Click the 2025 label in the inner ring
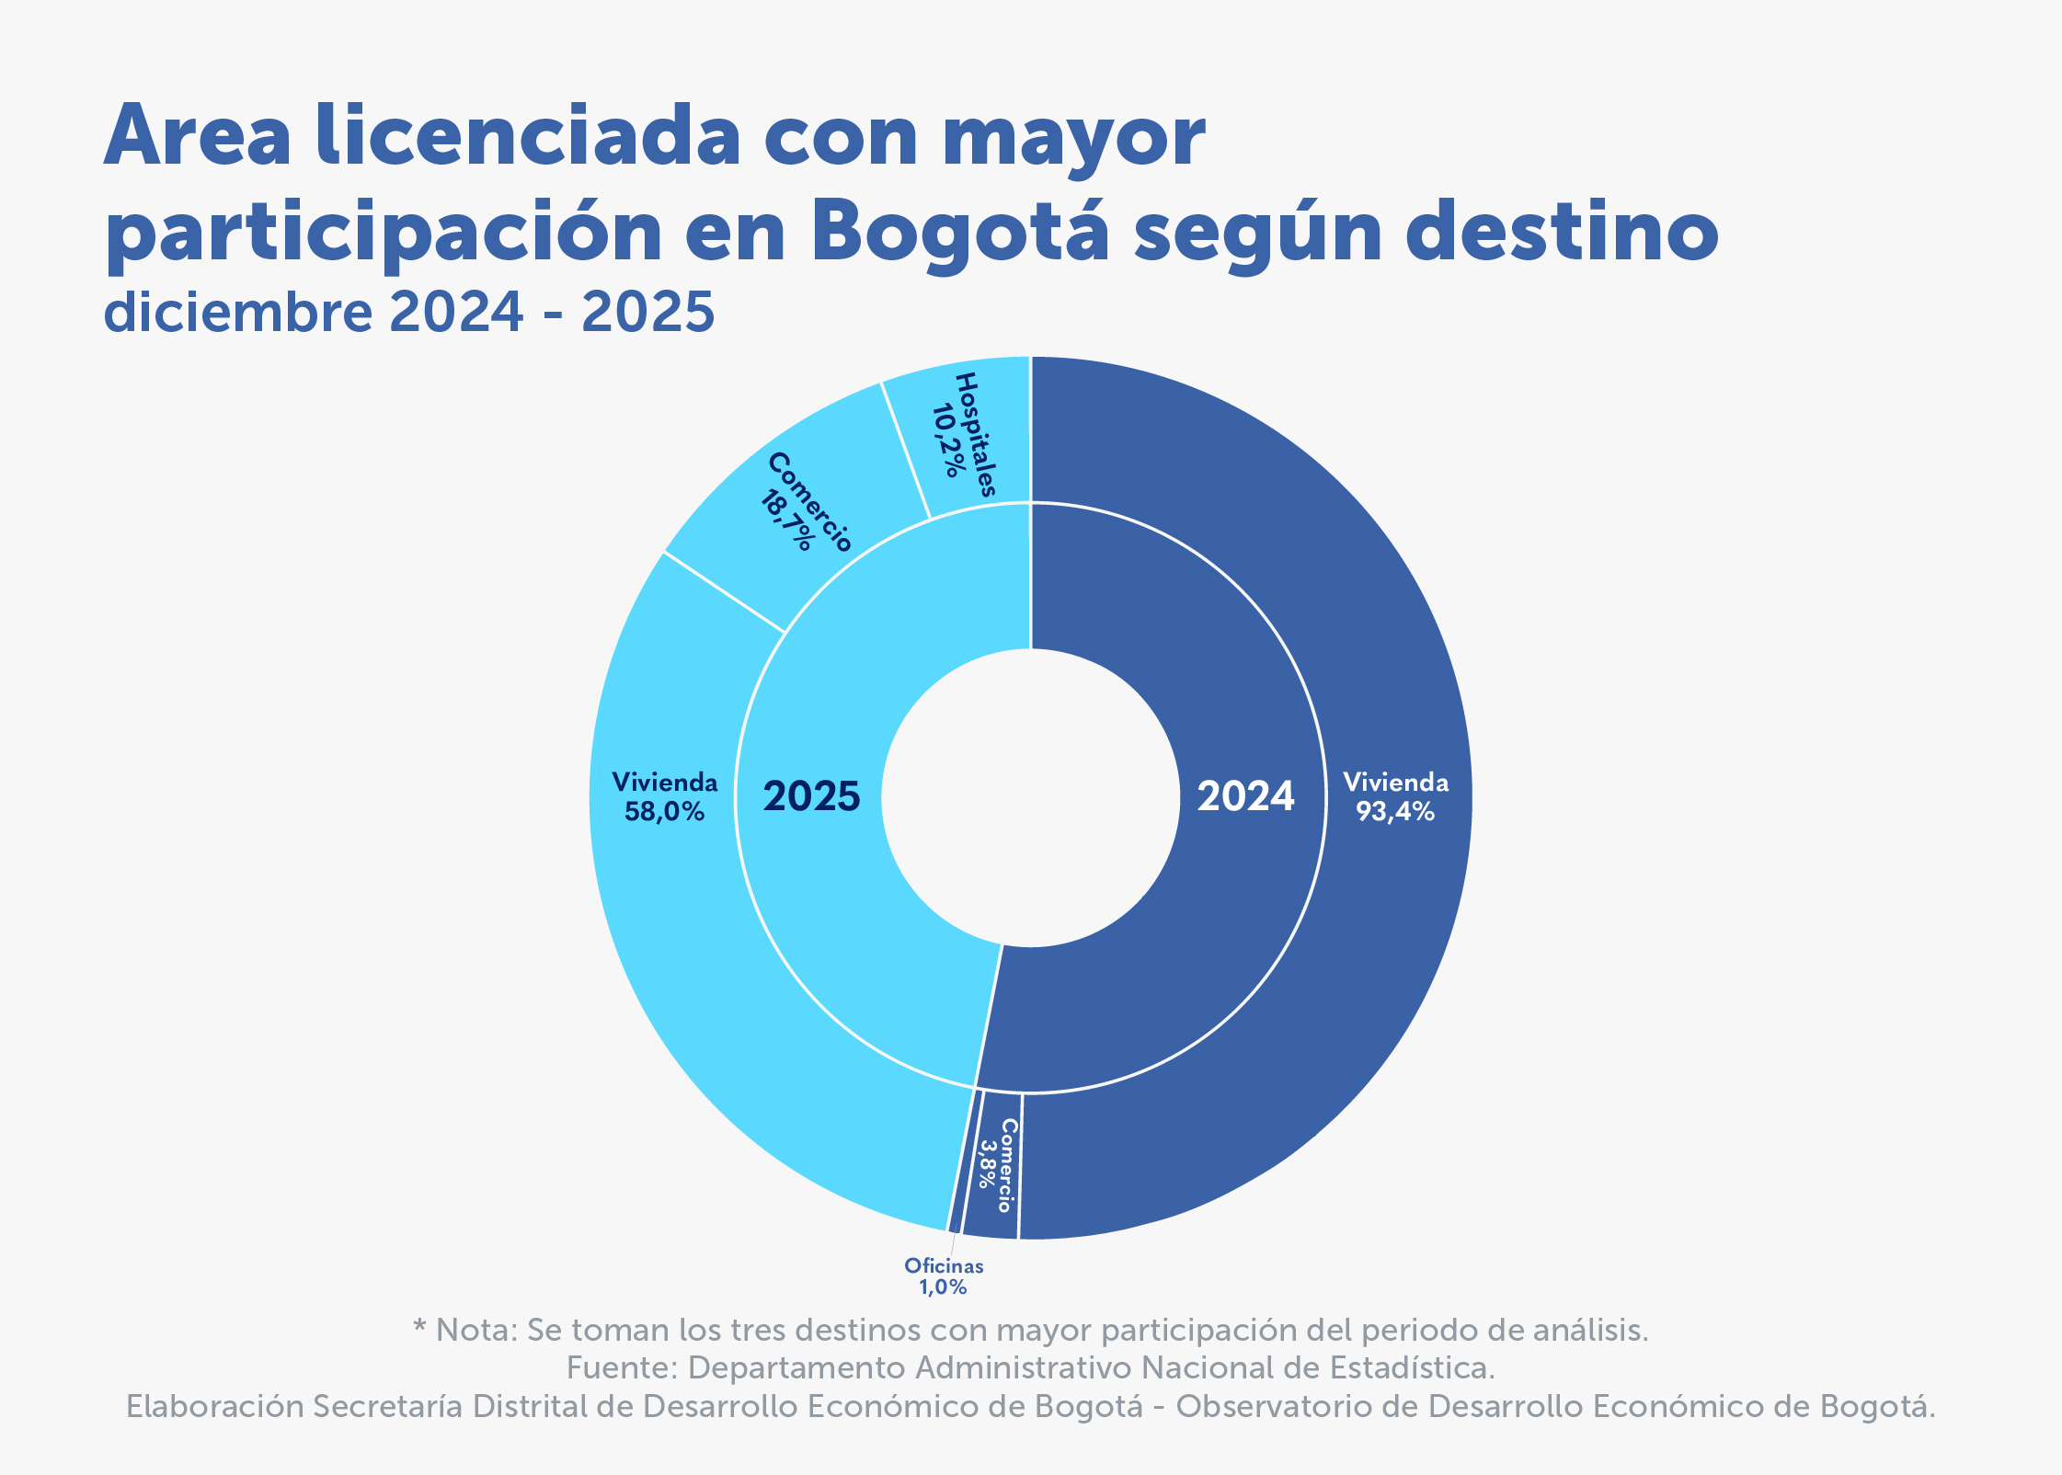coord(811,796)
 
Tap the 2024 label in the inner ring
coord(1245,796)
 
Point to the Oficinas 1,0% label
coord(944,1276)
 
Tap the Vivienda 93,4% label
coord(1395,796)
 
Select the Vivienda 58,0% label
coord(664,796)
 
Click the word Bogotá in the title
coord(959,231)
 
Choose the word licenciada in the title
coord(527,137)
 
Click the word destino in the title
coord(1561,231)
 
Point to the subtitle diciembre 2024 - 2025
coord(408,312)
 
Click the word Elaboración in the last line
coord(215,1407)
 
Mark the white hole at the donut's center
coord(1030,796)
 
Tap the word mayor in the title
coord(1073,137)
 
